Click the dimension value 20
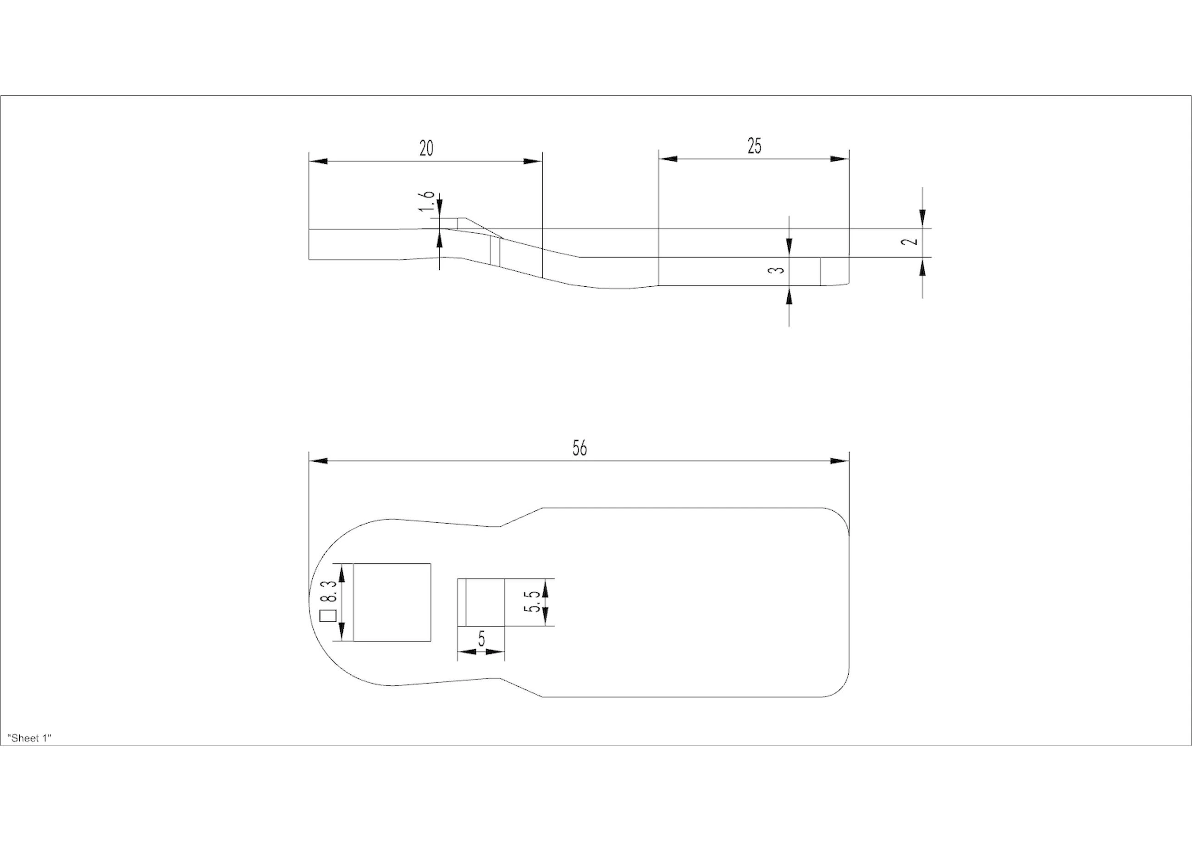(x=426, y=148)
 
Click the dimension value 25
(x=754, y=146)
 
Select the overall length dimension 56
(x=579, y=448)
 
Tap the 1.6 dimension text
(x=427, y=201)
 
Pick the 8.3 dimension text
(x=331, y=591)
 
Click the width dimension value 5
(x=481, y=639)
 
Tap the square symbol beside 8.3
(x=328, y=616)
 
